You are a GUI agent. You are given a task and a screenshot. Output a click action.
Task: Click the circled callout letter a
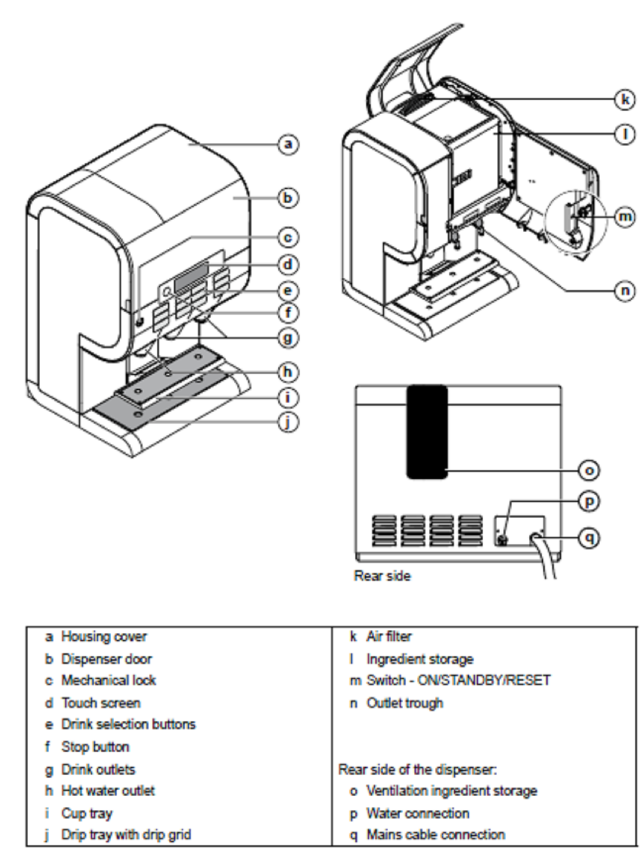click(288, 144)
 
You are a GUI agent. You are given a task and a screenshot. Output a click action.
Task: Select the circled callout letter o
click(589, 470)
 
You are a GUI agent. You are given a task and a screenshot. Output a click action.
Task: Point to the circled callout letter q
click(589, 537)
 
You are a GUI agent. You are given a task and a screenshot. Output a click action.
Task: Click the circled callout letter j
click(288, 422)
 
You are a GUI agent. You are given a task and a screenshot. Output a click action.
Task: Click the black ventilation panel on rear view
click(427, 432)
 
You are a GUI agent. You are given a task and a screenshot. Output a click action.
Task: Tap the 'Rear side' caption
click(382, 576)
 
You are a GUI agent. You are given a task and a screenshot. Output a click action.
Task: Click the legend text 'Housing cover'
click(103, 637)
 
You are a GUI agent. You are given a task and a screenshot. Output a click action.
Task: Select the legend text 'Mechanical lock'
click(108, 680)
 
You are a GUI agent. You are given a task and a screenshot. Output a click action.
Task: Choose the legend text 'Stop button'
click(95, 746)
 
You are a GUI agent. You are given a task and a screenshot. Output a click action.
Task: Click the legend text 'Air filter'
click(389, 637)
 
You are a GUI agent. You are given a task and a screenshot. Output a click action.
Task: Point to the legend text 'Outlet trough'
click(404, 703)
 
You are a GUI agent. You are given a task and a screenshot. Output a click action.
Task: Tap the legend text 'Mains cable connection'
click(435, 834)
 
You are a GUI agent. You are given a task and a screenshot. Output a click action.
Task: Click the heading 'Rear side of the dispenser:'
click(417, 769)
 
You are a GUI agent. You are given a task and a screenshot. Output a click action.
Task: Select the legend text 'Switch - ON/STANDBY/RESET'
click(458, 680)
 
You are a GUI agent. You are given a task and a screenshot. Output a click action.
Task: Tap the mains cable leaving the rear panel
click(548, 562)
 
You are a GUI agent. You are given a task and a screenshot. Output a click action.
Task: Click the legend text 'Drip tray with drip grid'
click(126, 834)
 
